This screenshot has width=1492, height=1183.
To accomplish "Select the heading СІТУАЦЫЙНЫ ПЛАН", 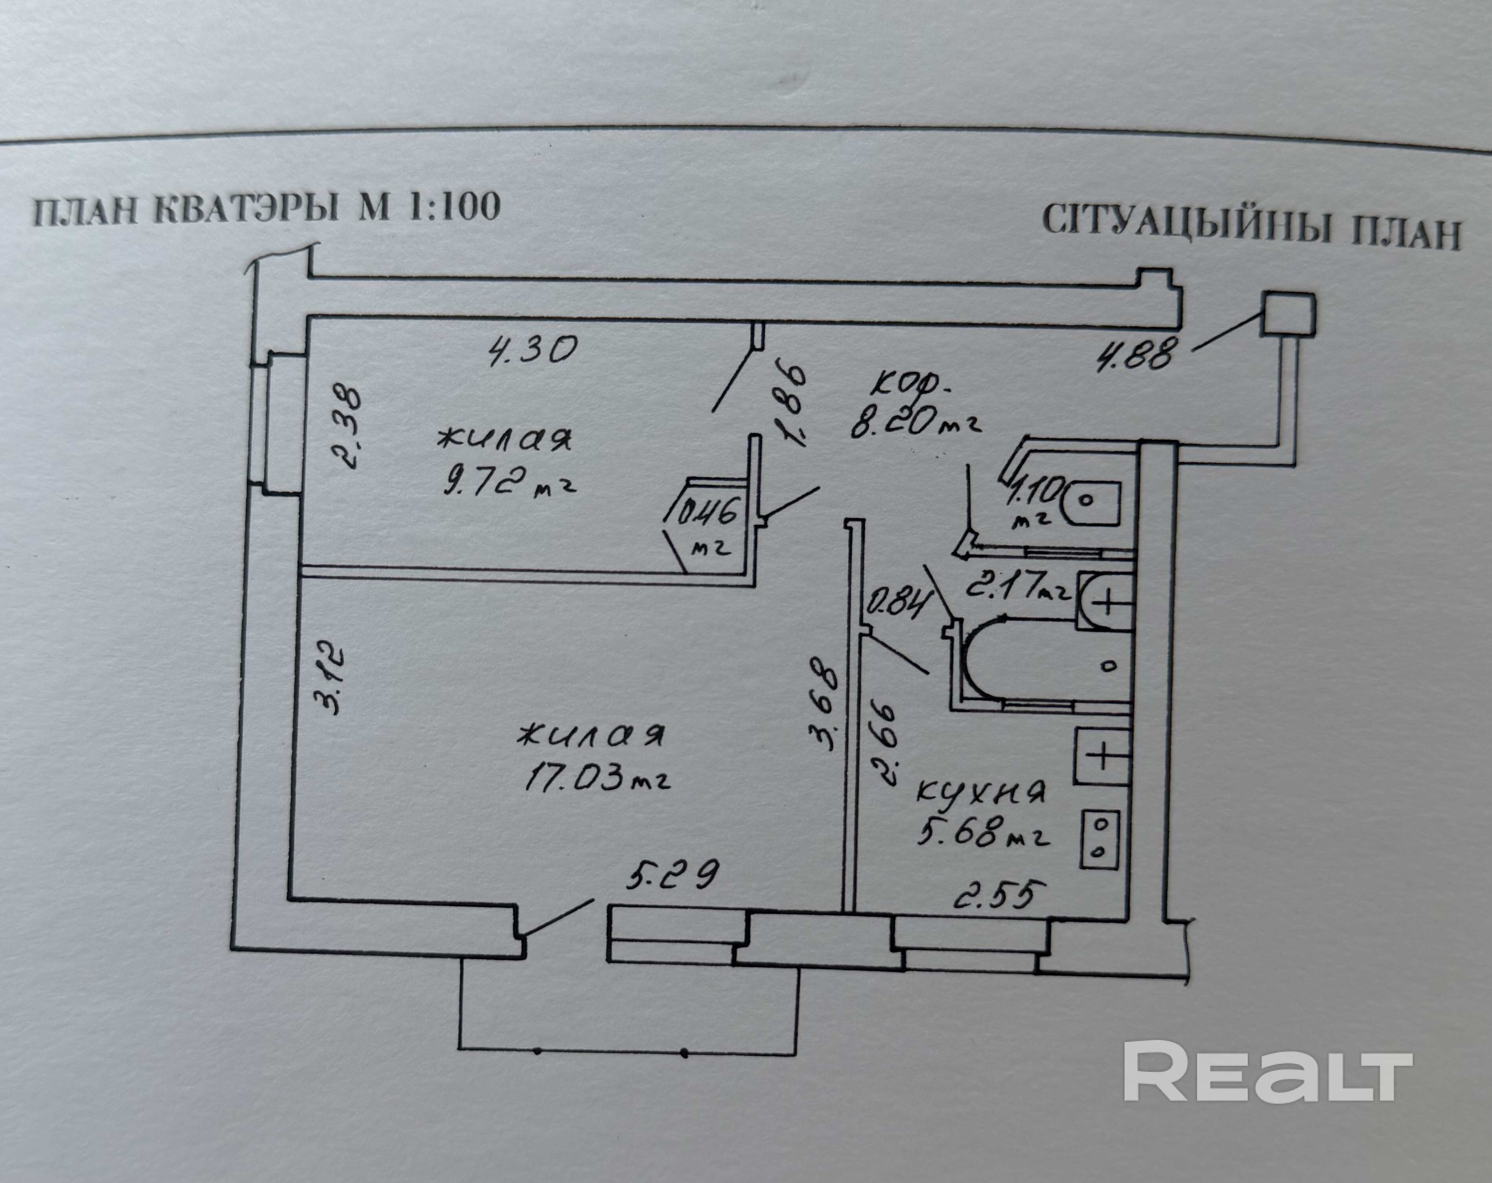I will [1251, 228].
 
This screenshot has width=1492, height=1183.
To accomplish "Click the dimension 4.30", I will [531, 350].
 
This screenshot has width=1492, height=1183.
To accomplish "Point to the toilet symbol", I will [1090, 502].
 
